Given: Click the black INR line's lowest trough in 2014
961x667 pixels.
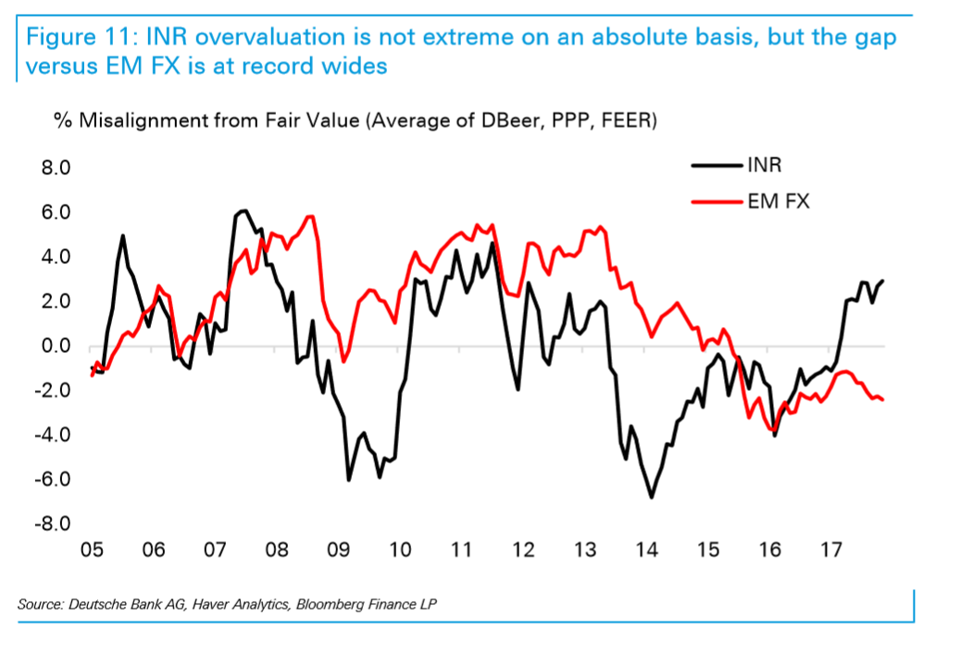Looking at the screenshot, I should (x=651, y=497).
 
